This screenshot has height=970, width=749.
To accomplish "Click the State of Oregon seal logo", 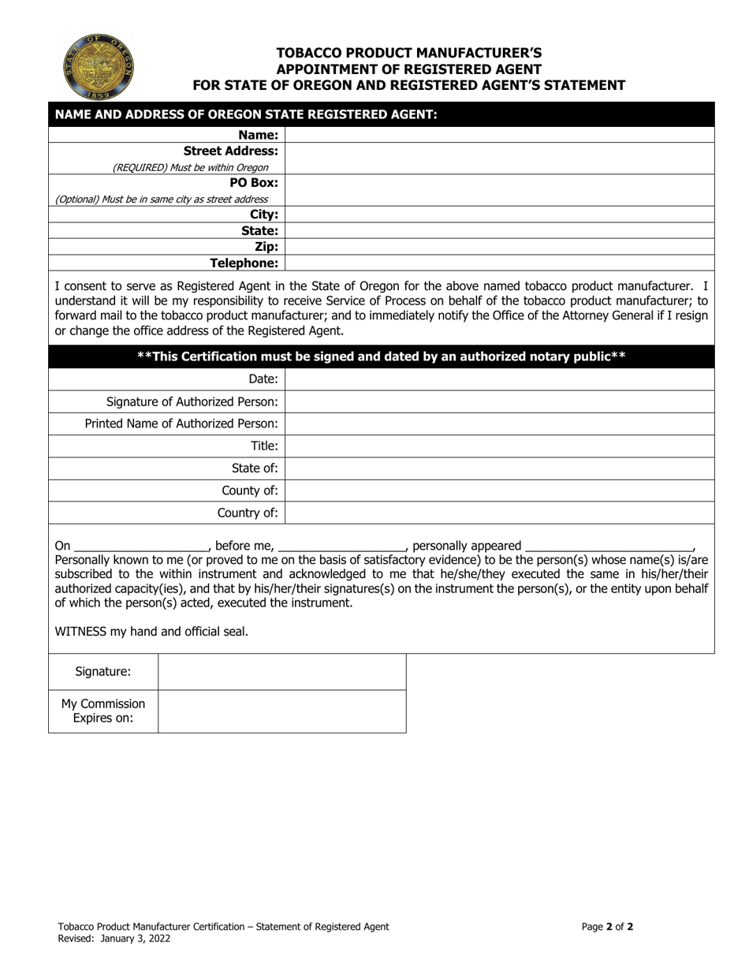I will pos(99,66).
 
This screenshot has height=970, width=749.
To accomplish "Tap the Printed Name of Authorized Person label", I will pos(181,423).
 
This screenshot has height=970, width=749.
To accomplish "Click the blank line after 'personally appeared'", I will pos(608,547).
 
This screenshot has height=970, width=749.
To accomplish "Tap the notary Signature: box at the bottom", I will pos(281,672).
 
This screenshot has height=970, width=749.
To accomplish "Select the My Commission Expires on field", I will pos(281,711).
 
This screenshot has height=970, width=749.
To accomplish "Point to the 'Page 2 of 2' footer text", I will pos(607,927).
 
